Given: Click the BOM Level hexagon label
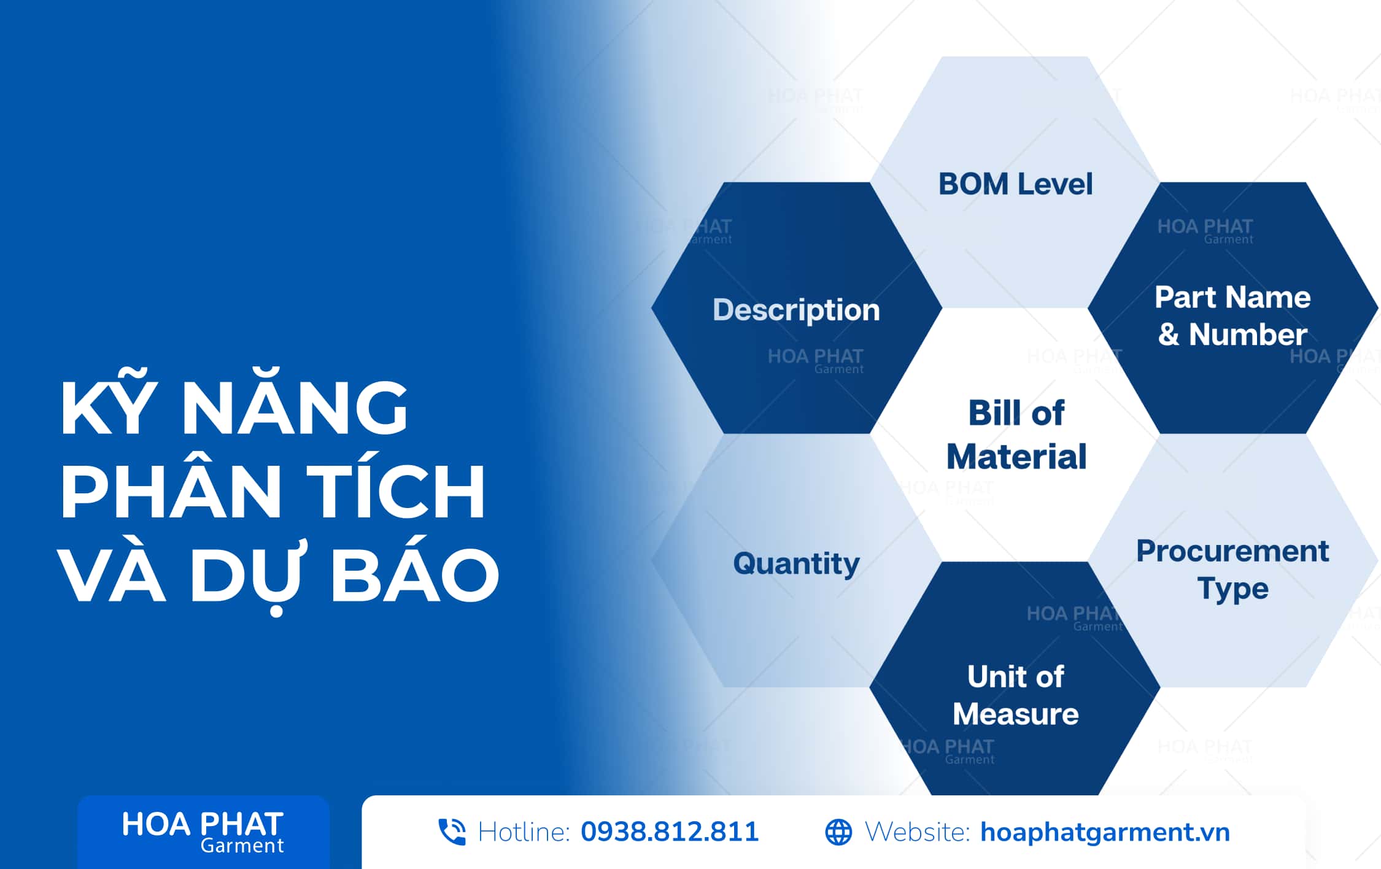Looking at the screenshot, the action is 1016,183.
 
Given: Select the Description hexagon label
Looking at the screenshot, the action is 796,311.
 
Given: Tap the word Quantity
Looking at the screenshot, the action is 797,563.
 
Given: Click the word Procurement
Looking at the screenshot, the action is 1232,550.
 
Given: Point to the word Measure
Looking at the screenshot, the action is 1016,714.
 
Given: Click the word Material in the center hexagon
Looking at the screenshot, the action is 1016,457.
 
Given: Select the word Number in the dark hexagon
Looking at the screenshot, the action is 1248,334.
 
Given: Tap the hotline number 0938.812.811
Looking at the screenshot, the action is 670,832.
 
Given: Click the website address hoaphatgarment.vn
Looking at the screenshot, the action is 1105,832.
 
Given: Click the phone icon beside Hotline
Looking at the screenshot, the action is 452,832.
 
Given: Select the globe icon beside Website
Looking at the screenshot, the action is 838,832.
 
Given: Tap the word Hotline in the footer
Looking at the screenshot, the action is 524,832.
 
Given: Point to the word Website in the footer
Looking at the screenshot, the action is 918,832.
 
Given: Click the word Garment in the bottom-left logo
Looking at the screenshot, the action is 242,846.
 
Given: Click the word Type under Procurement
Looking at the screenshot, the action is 1232,589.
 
